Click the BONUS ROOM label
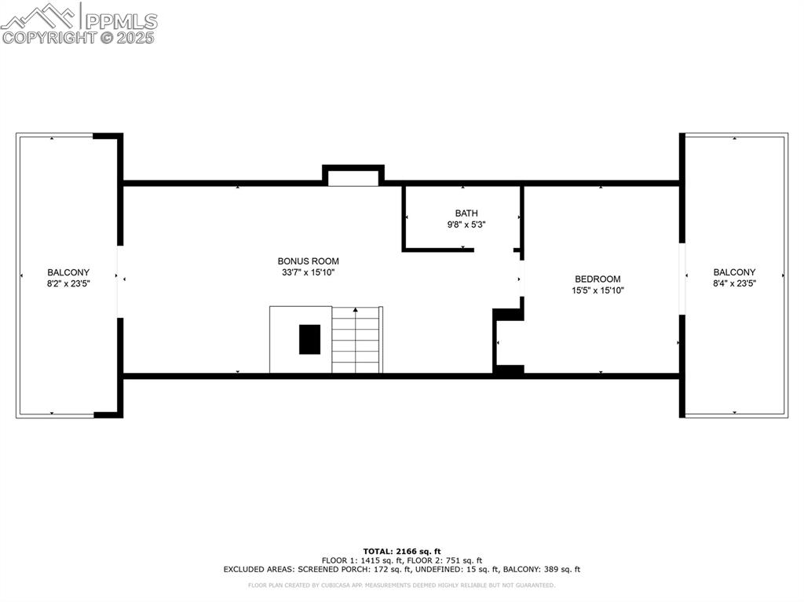[308, 261]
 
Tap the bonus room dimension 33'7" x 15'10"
[308, 272]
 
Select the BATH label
[466, 213]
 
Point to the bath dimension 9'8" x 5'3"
[466, 224]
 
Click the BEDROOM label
[598, 279]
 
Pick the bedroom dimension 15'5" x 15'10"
[598, 290]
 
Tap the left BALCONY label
[68, 272]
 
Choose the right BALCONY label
[734, 272]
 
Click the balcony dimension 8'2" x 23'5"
[68, 283]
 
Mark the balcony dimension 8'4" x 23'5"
[734, 283]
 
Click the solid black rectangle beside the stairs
[309, 339]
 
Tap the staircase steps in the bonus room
[356, 345]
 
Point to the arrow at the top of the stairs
[356, 310]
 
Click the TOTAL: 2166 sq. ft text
[402, 551]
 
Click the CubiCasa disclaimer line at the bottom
[402, 585]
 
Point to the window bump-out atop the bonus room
[353, 176]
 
